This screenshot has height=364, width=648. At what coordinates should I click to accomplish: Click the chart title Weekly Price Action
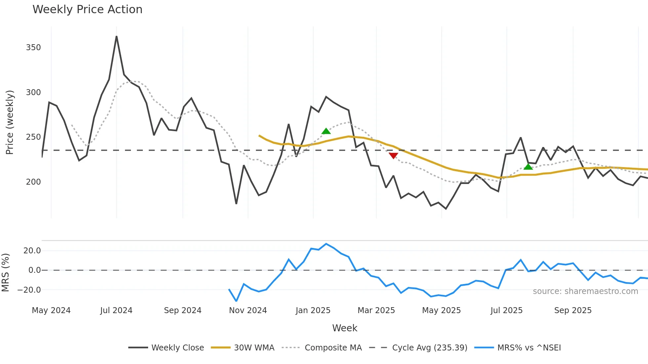coord(87,10)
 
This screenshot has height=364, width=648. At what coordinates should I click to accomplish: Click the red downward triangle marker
coord(393,156)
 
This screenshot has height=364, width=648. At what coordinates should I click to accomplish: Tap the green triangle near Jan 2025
coord(326,131)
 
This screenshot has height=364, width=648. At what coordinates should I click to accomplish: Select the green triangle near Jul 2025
coord(528,166)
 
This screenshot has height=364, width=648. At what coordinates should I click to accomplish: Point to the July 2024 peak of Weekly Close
coord(116,37)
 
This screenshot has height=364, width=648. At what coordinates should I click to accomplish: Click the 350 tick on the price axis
coord(33,48)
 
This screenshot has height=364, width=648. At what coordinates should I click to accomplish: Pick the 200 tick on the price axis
coord(33,182)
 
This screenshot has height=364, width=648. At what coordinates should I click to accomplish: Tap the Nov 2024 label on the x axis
coord(248,310)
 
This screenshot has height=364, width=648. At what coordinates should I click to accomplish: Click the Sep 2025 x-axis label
coord(573,310)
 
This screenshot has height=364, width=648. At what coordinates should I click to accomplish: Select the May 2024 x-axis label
coord(51,310)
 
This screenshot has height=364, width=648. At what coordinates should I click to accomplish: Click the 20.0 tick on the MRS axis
coord(32,251)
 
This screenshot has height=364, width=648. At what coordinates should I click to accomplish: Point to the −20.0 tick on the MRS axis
coord(29,290)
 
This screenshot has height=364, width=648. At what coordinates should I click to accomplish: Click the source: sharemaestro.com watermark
coord(585,291)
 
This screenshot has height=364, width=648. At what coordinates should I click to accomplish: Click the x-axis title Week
coord(344,328)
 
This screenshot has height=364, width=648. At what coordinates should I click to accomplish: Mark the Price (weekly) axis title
coord(10,122)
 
